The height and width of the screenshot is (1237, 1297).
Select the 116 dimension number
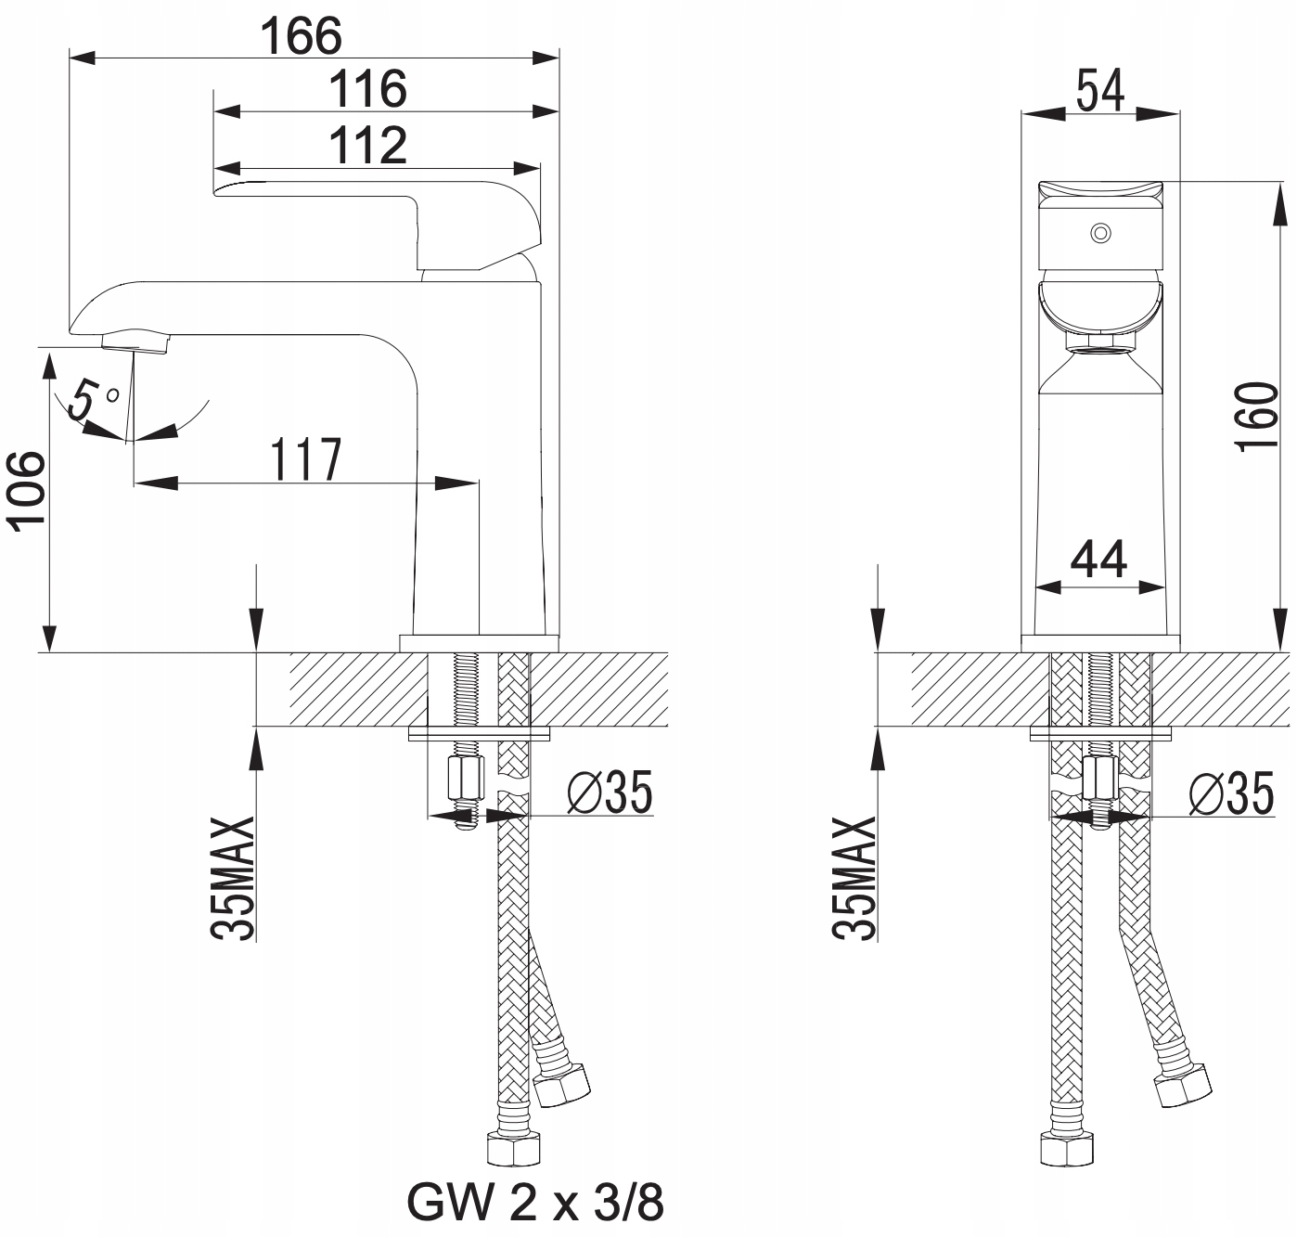(x=368, y=89)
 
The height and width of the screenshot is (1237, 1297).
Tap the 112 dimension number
(x=368, y=146)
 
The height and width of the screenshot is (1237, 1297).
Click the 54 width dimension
(x=1099, y=91)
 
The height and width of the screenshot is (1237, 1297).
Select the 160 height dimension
(x=1259, y=416)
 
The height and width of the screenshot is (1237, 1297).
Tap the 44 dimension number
(x=1099, y=560)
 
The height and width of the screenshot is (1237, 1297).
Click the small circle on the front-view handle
(x=1100, y=232)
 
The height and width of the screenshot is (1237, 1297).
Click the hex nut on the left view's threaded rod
(x=466, y=779)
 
